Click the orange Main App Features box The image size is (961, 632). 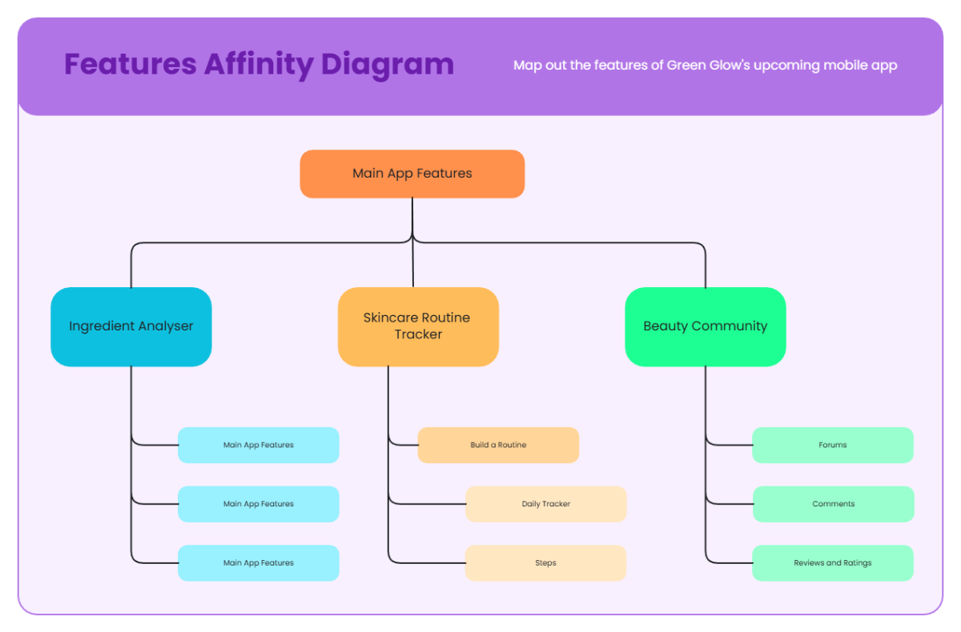[412, 174]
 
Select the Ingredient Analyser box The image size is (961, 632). [131, 326]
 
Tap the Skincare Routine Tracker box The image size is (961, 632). [418, 326]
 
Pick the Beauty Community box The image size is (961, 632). [705, 326]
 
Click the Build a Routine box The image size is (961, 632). [498, 445]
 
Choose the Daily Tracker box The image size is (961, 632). [546, 504]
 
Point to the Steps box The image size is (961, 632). [545, 563]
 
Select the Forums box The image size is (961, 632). [833, 445]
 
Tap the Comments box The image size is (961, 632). [833, 504]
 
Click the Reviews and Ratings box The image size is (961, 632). [833, 563]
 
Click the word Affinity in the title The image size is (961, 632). [257, 64]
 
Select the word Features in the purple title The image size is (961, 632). [131, 64]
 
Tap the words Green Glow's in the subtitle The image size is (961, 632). [708, 65]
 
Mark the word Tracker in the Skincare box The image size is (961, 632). [418, 334]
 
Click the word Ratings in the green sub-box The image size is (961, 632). [857, 563]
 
